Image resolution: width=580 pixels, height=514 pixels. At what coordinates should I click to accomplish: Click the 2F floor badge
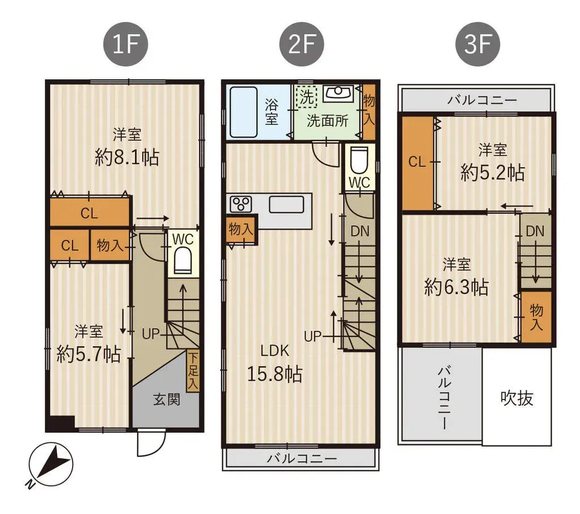click(301, 45)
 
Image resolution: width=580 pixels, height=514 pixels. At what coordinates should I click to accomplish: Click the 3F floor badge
click(478, 45)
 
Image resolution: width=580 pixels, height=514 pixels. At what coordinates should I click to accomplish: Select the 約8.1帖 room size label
click(127, 157)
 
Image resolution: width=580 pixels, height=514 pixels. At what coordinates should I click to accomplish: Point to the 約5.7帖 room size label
click(88, 354)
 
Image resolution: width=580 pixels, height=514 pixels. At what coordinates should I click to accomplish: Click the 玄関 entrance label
click(167, 400)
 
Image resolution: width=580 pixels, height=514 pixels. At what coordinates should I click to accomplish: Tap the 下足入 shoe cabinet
click(193, 371)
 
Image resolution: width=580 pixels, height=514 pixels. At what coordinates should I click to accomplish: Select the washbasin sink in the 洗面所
click(338, 92)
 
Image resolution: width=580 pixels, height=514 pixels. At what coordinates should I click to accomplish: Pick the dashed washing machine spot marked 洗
click(307, 96)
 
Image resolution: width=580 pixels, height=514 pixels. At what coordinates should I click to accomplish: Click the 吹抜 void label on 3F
click(517, 398)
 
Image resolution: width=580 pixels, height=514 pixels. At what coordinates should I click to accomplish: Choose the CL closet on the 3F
click(417, 163)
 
